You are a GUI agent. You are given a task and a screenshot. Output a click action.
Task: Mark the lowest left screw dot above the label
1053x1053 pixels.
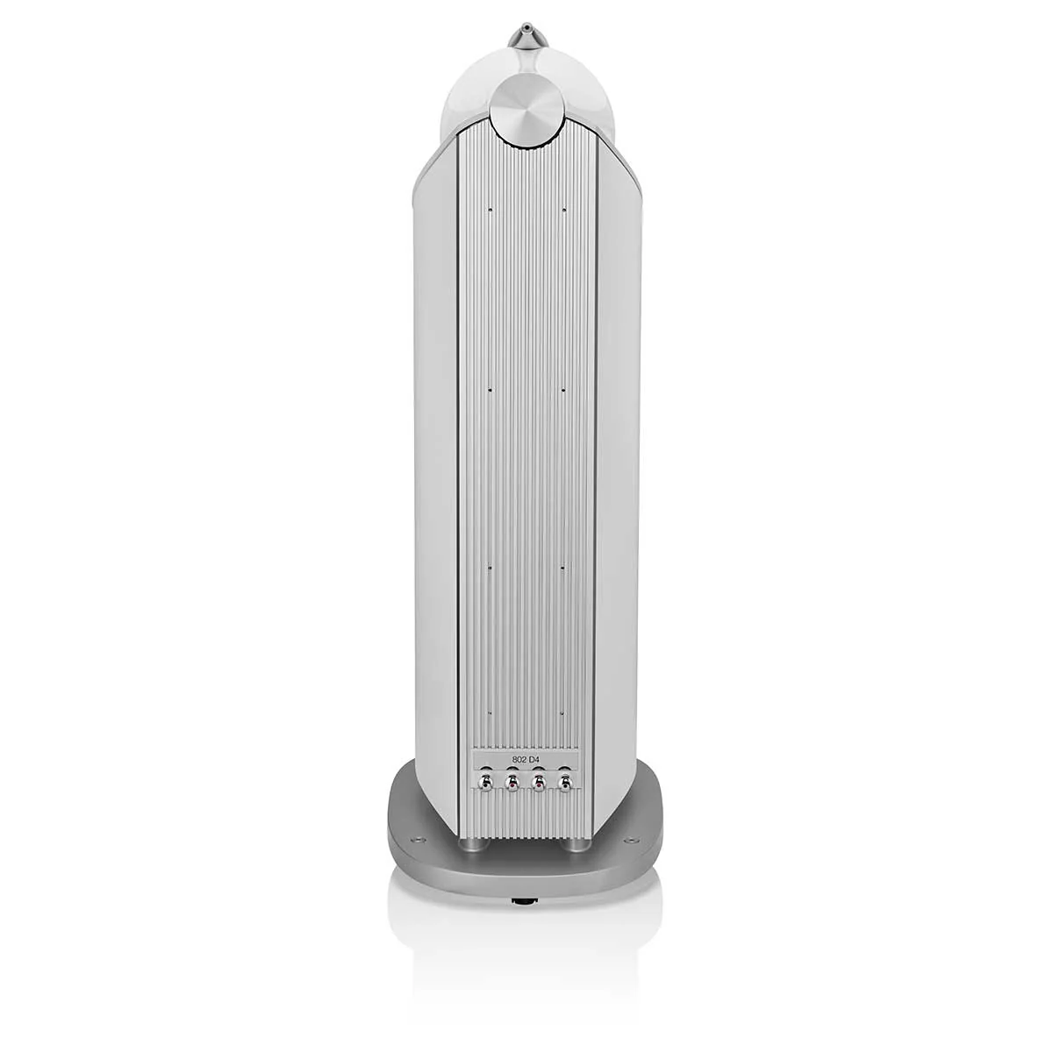pos(490,713)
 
